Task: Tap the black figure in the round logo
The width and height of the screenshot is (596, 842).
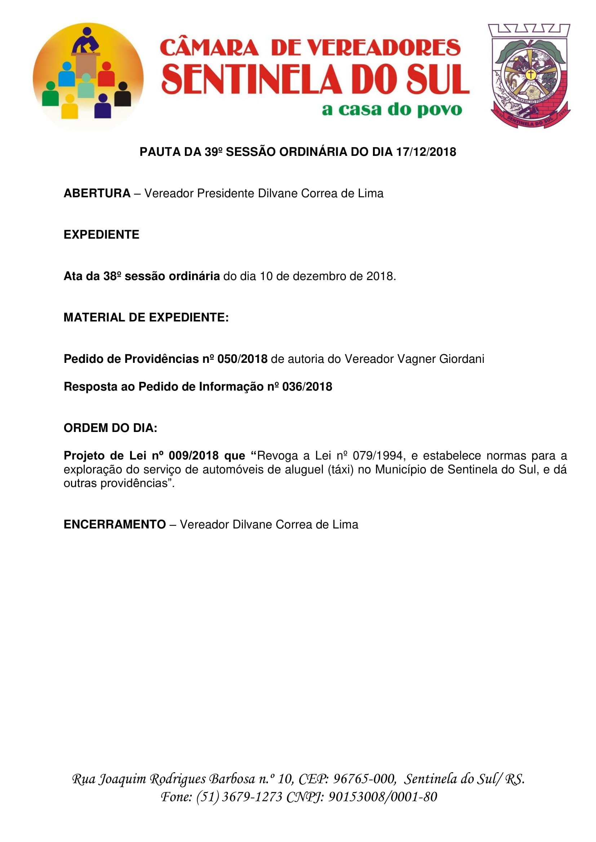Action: coord(123,95)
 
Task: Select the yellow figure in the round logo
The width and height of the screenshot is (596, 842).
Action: coord(69,107)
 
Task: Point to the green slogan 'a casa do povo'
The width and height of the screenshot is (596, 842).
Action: coord(392,110)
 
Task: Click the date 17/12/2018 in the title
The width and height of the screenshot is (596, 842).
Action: coord(426,152)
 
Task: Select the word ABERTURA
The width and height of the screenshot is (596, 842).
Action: coord(97,193)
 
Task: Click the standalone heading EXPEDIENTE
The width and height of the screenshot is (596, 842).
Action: coord(101,235)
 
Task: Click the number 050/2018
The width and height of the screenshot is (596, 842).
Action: coord(242,359)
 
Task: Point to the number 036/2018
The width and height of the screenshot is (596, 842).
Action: coord(307,387)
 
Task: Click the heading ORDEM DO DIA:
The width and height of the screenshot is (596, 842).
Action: coord(111,428)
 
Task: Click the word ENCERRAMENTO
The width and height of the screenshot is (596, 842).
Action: coord(115,524)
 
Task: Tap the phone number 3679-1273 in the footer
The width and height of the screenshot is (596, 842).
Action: coord(252,797)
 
